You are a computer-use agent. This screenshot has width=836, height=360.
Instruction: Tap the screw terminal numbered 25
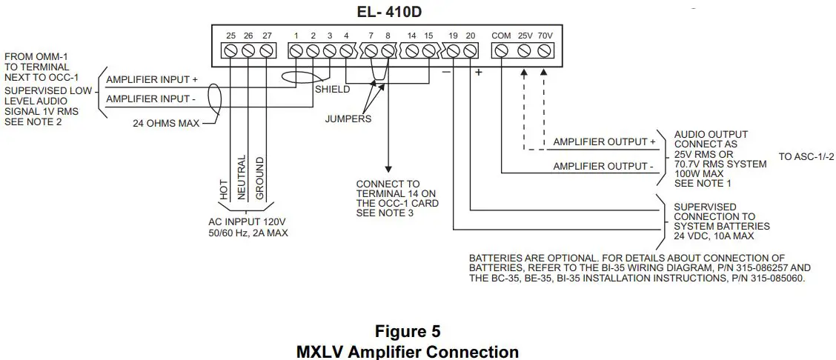pyautogui.click(x=231, y=51)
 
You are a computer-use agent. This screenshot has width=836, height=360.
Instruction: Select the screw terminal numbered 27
pyautogui.click(x=266, y=51)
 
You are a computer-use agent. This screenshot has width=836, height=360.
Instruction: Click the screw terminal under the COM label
pyautogui.click(x=501, y=51)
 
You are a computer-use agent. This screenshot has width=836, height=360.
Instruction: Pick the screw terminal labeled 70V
pyautogui.click(x=545, y=51)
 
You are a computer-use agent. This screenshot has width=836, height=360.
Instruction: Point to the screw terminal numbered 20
pyautogui.click(x=471, y=51)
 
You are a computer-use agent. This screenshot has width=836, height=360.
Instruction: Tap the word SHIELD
pyautogui.click(x=333, y=90)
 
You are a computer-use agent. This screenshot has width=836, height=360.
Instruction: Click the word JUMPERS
pyautogui.click(x=348, y=119)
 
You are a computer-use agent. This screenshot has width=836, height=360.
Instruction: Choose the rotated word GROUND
pyautogui.click(x=259, y=179)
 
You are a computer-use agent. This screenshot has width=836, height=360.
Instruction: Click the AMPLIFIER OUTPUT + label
pyautogui.click(x=605, y=142)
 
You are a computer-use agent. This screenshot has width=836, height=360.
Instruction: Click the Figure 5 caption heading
pyautogui.click(x=408, y=330)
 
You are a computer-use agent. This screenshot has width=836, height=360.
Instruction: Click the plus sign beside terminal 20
pyautogui.click(x=479, y=73)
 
